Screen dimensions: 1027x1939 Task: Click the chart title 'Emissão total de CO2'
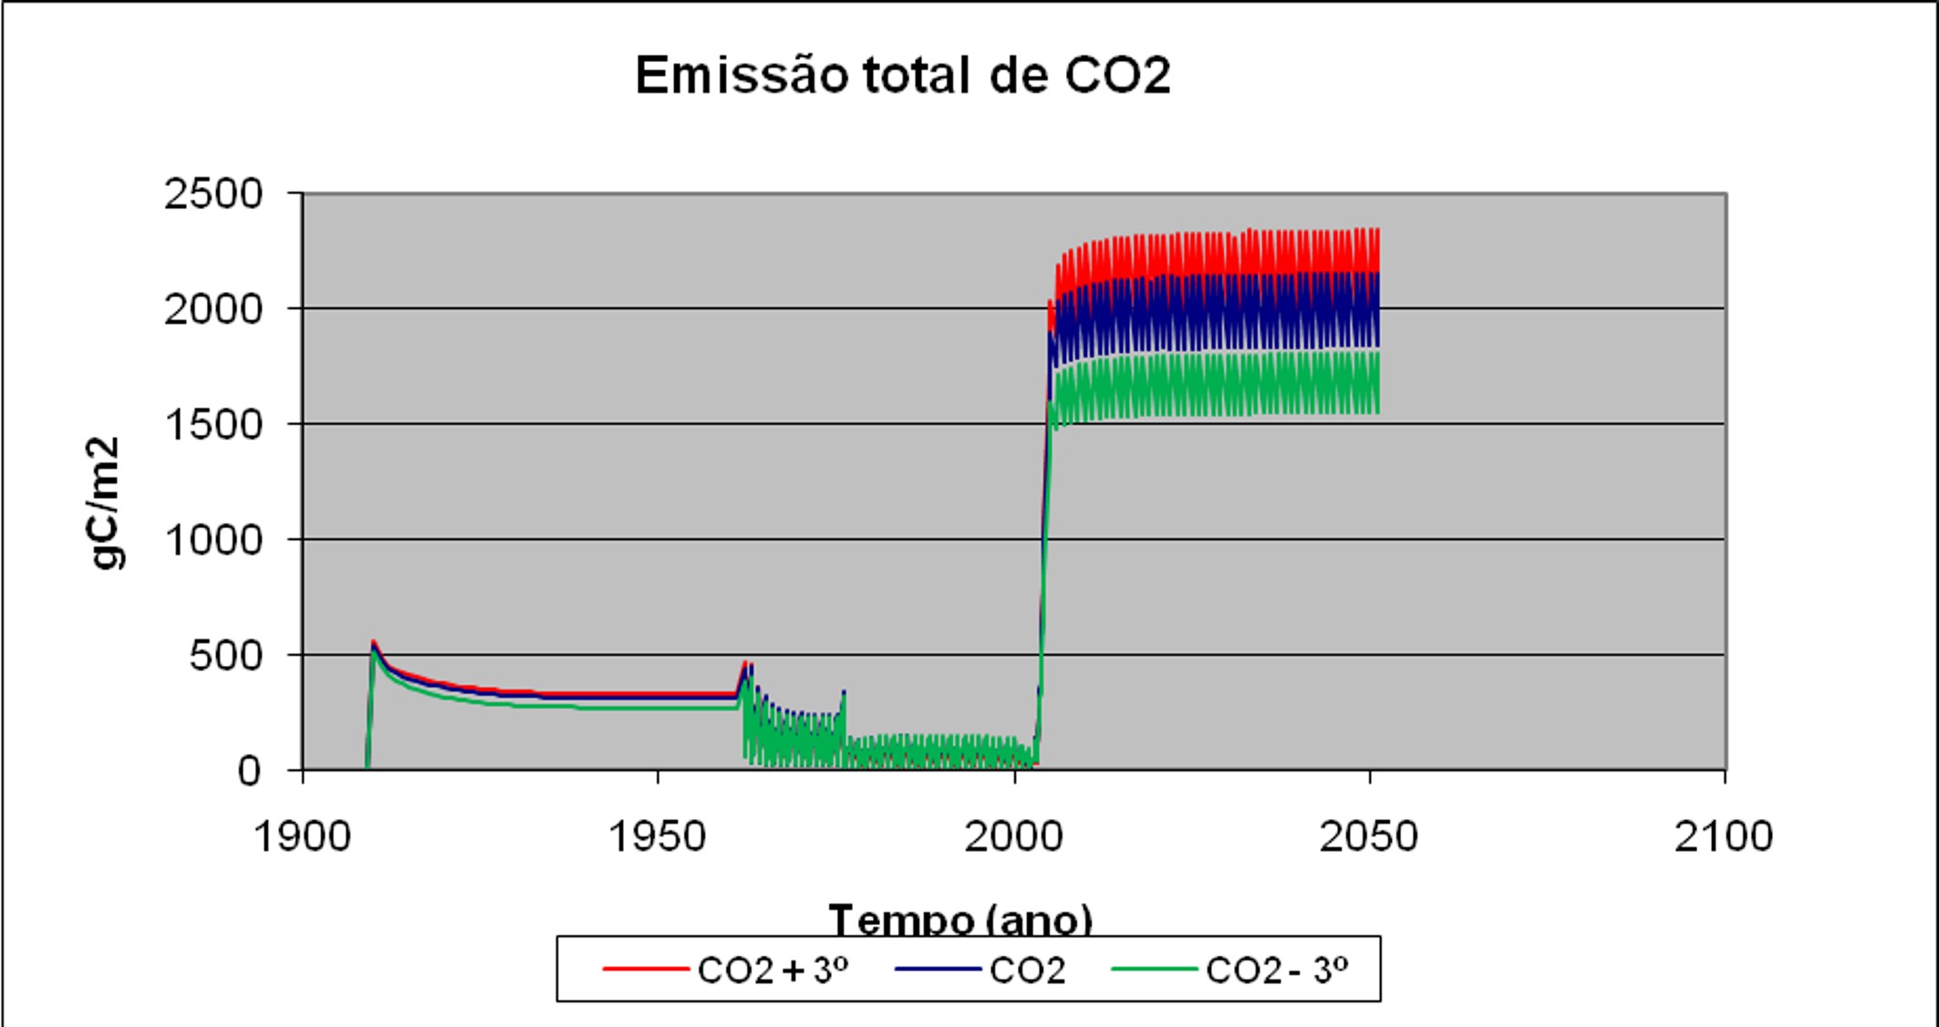tap(902, 76)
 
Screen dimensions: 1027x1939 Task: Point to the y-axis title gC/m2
tap(107, 503)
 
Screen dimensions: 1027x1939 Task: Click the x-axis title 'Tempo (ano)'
tap(959, 919)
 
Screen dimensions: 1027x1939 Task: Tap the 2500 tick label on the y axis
tap(213, 194)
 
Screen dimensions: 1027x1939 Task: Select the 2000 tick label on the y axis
tap(213, 310)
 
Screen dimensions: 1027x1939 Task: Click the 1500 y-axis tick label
tap(213, 425)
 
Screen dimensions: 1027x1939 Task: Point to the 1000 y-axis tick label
tap(213, 541)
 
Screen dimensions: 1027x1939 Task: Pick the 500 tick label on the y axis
tap(225, 656)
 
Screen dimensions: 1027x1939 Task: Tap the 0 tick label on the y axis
tap(249, 772)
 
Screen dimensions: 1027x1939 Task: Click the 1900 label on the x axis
tap(303, 835)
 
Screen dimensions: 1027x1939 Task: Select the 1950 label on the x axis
tap(658, 835)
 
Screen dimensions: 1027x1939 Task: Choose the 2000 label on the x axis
tap(1013, 835)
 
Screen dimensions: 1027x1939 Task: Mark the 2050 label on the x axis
tap(1368, 835)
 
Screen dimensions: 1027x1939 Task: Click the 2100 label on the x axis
tap(1723, 835)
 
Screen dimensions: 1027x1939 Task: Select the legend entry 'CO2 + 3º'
tap(772, 970)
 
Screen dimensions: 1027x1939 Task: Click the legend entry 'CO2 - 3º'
tap(1276, 970)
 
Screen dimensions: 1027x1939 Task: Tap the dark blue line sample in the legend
tap(938, 970)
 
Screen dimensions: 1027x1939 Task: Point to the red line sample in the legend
tap(645, 970)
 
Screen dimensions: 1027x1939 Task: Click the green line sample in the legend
tap(1154, 970)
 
